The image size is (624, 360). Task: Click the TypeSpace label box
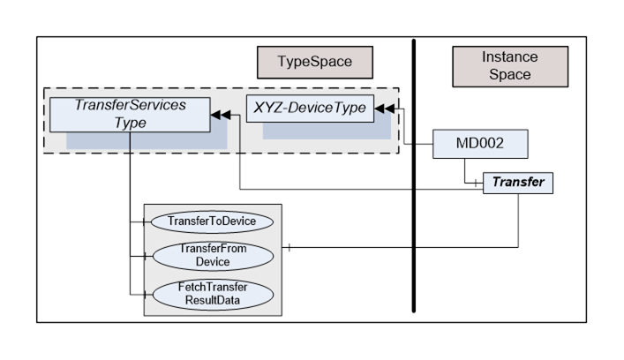click(314, 63)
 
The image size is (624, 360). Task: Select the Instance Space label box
click(509, 66)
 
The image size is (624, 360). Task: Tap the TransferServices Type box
click(130, 114)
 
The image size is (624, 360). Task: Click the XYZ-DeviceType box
click(309, 109)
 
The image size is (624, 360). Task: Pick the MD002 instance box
click(479, 143)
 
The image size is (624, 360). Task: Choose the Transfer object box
click(517, 184)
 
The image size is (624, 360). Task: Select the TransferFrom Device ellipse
click(213, 256)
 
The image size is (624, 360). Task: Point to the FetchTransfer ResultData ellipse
click(212, 293)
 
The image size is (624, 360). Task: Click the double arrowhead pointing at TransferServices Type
click(222, 115)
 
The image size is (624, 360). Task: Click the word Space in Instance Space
click(509, 75)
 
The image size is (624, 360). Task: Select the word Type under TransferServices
click(130, 123)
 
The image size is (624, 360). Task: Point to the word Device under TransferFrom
click(213, 262)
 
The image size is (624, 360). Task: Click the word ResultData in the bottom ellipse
click(212, 300)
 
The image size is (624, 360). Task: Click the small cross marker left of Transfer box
click(477, 184)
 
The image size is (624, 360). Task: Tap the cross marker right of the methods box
click(289, 247)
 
